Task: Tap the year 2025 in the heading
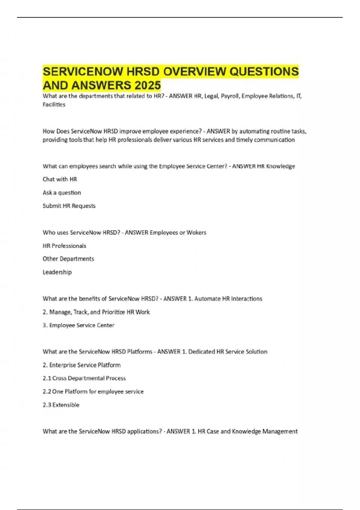point(148,85)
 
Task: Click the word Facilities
point(54,104)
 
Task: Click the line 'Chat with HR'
point(60,179)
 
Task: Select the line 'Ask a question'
point(62,193)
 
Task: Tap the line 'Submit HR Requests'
point(69,206)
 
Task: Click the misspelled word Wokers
point(196,232)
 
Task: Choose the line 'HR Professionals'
point(64,246)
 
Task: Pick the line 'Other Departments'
point(68,259)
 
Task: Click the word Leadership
point(57,272)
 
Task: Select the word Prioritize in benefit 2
point(113,312)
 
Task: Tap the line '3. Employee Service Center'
point(79,325)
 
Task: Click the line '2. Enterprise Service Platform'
point(82,365)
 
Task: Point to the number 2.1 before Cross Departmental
point(47,378)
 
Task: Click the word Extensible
point(66,405)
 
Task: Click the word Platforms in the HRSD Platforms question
point(139,352)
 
